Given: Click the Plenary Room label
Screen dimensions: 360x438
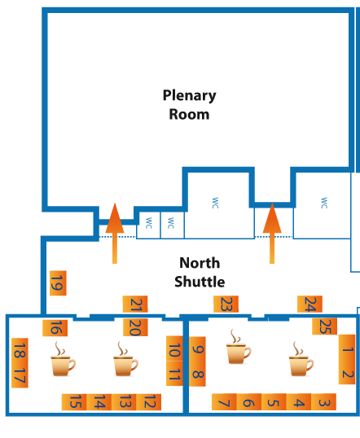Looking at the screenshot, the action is click(189, 105).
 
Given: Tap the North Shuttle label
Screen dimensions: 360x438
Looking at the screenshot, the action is click(200, 272).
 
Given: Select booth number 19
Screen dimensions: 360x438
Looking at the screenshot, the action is click(58, 283).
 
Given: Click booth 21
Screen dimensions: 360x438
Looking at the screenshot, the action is click(135, 304).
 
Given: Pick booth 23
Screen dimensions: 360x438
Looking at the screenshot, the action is click(226, 304).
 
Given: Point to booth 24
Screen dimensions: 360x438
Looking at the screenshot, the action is click(310, 304).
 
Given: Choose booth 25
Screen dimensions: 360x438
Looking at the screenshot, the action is click(324, 326).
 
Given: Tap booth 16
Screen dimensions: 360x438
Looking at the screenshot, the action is click(55, 328).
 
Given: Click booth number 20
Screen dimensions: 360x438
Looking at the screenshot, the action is click(135, 327).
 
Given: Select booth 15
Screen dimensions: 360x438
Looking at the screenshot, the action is click(74, 402).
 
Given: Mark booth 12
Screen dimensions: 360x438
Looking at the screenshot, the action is click(149, 402).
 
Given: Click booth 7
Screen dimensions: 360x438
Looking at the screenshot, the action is click(224, 401).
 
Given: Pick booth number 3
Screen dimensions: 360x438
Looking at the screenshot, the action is click(323, 401).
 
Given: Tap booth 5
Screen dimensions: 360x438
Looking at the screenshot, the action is click(274, 401).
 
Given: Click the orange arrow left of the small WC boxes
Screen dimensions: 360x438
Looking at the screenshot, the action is click(115, 233).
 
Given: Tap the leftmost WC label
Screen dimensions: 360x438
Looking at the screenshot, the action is click(149, 223).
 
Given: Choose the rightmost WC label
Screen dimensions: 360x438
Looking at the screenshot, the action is click(324, 203).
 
